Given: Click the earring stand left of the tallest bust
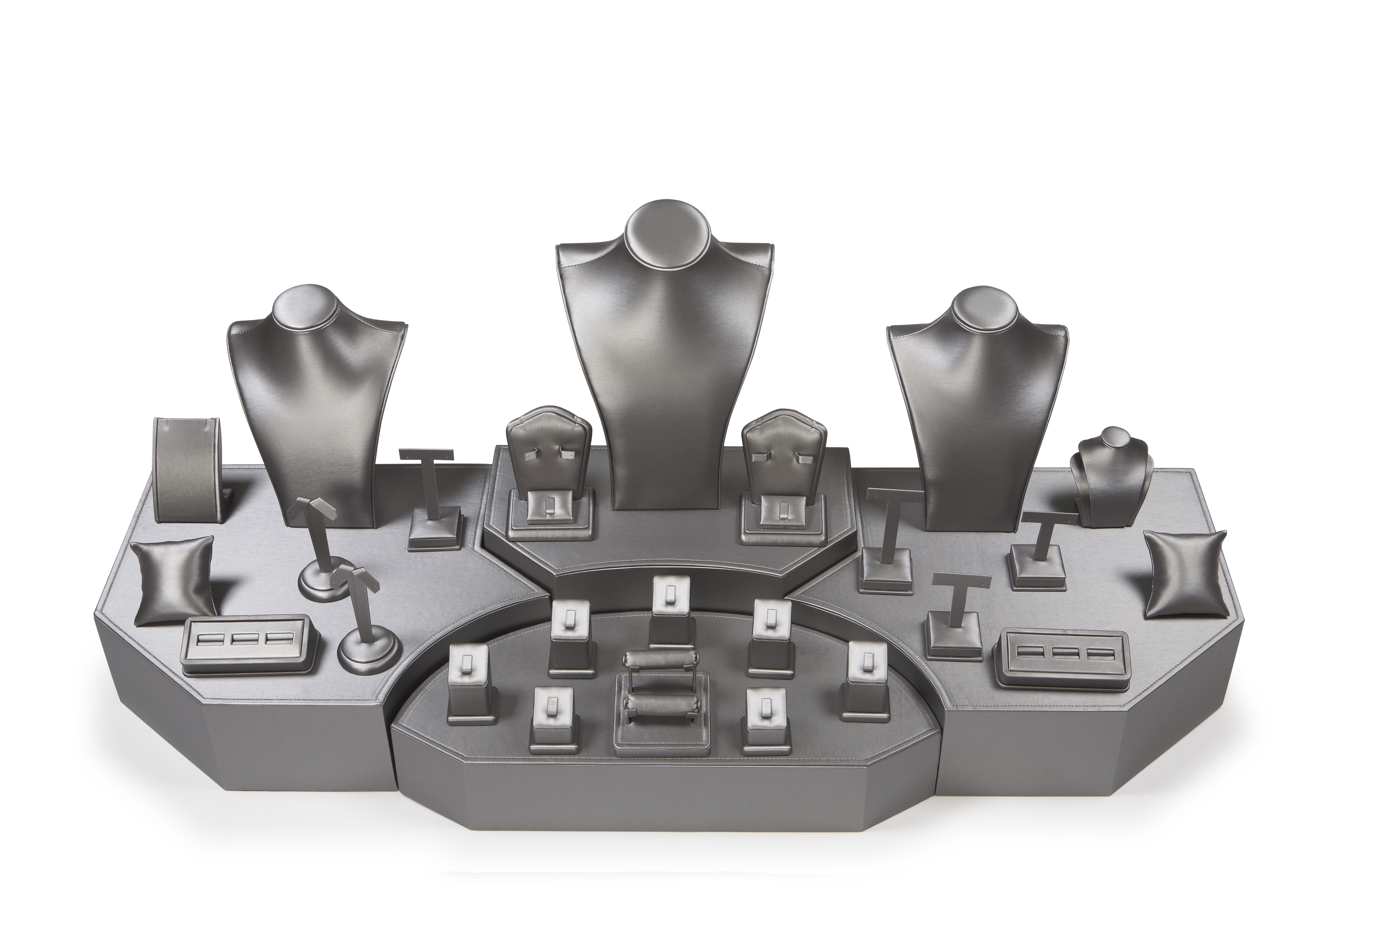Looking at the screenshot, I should [549, 475].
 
